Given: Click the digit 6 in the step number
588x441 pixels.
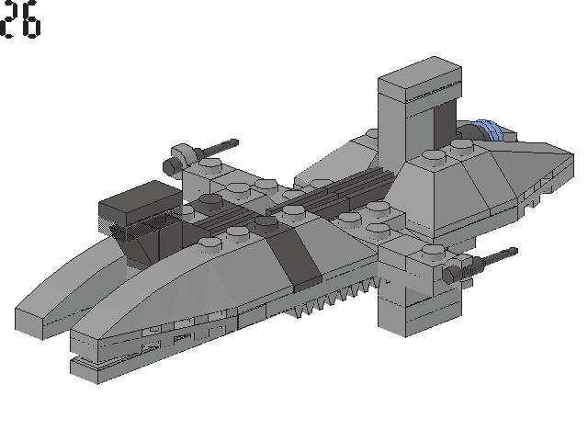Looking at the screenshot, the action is click(30, 19).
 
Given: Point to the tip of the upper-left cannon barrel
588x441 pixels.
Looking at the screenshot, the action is click(236, 141).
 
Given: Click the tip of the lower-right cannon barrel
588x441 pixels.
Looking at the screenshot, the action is click(516, 251).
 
